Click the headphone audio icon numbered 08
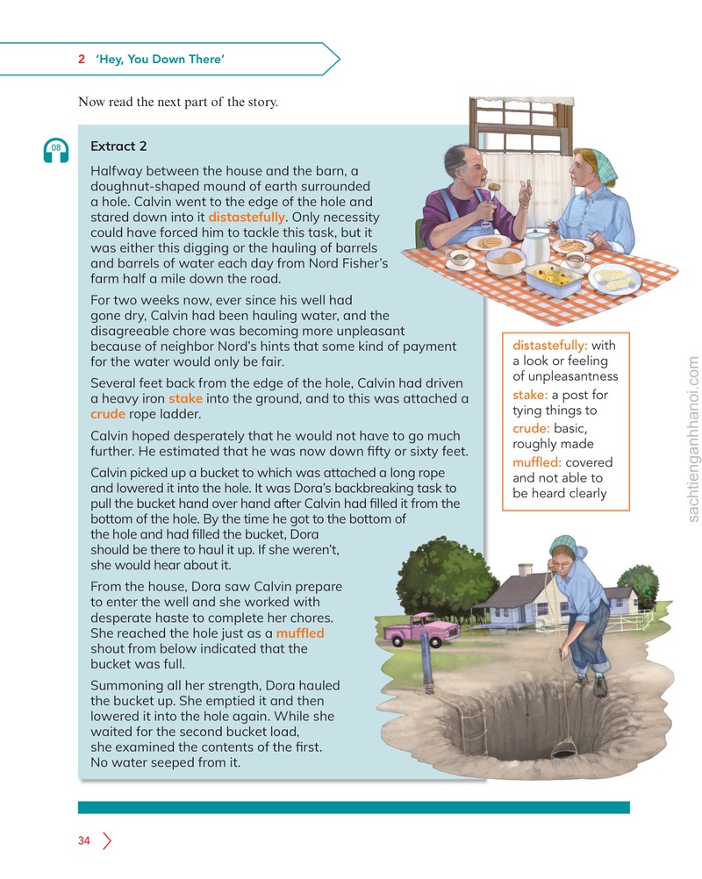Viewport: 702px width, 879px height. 56,150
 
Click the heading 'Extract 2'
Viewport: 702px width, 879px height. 118,146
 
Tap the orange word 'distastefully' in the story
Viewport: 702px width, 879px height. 247,217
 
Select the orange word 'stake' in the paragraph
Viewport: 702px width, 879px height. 186,398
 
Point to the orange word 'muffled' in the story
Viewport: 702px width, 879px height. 300,632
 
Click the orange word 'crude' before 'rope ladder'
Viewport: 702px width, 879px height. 108,414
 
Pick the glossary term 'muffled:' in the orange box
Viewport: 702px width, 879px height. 537,462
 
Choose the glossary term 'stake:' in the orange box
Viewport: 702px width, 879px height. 530,395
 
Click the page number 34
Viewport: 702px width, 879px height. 84,840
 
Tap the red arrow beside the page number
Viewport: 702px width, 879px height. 107,840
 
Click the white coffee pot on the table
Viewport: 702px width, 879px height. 535,247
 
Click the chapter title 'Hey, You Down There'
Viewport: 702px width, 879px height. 160,59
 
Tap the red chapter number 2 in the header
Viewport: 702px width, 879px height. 82,59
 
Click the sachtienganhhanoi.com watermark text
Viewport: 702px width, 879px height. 693,439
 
